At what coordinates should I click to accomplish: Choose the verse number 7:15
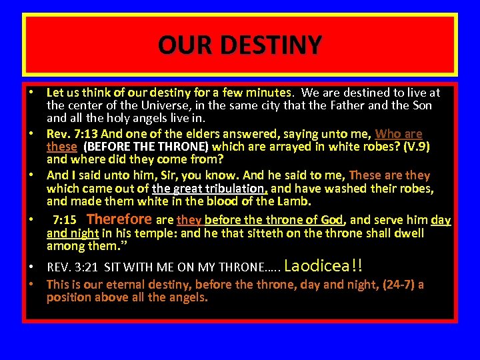(65, 220)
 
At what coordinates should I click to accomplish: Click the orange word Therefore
(119, 219)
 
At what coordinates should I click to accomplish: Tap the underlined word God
(331, 220)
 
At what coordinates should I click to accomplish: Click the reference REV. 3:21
(73, 267)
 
